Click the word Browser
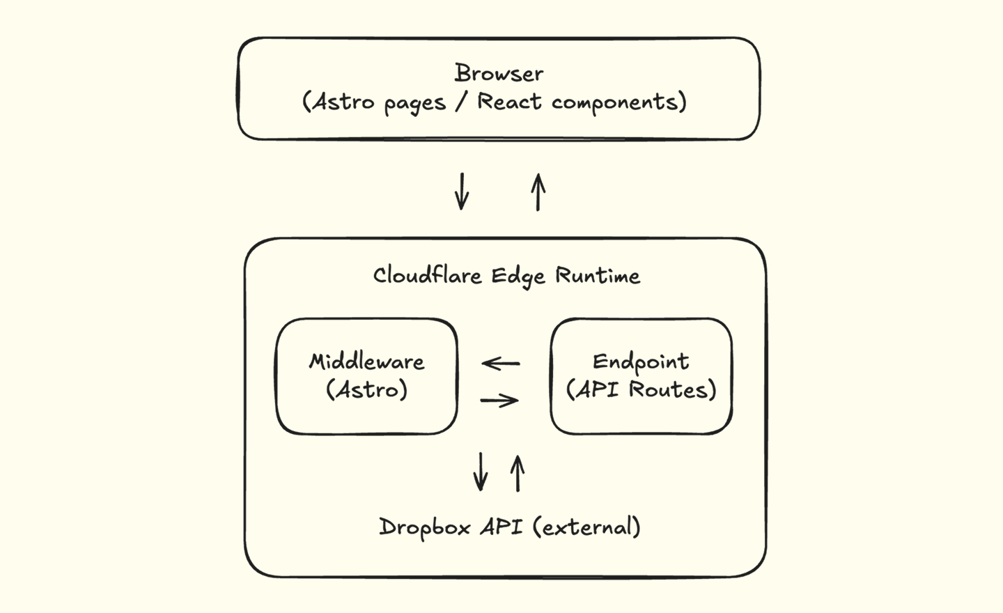click(x=499, y=73)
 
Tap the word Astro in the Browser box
click(x=340, y=102)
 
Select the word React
click(x=509, y=102)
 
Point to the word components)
click(x=619, y=102)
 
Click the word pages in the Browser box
click(x=414, y=104)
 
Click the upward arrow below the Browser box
click(x=538, y=192)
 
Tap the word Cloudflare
click(x=427, y=275)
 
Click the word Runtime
click(x=598, y=276)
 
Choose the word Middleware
click(x=367, y=362)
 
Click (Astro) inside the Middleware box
click(x=367, y=389)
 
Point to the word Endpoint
click(x=641, y=362)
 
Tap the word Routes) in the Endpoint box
click(x=673, y=389)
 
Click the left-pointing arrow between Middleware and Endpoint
click(x=501, y=364)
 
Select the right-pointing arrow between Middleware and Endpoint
click(x=499, y=400)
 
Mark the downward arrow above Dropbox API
click(x=480, y=472)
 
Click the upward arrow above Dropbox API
click(x=517, y=474)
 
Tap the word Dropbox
click(x=425, y=527)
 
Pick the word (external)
click(x=586, y=527)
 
